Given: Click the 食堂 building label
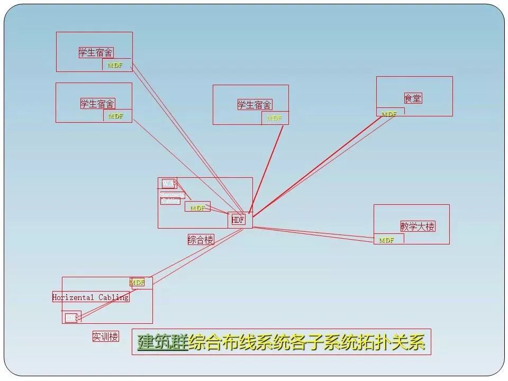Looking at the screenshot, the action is (x=413, y=98).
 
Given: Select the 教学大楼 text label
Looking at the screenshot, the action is (x=418, y=226).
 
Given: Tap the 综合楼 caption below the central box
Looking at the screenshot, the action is (x=201, y=240).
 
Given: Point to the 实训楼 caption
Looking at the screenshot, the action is (x=105, y=337).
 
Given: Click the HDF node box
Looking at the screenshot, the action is (x=238, y=220).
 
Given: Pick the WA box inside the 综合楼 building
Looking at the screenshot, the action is (x=168, y=184).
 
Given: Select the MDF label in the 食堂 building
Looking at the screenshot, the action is (x=389, y=114).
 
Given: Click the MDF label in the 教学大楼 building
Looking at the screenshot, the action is (x=387, y=240).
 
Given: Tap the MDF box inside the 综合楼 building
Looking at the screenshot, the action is (x=197, y=208).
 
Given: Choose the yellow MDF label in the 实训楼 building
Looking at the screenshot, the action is (x=137, y=283).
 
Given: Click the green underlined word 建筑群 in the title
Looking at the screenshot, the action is (x=162, y=342).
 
